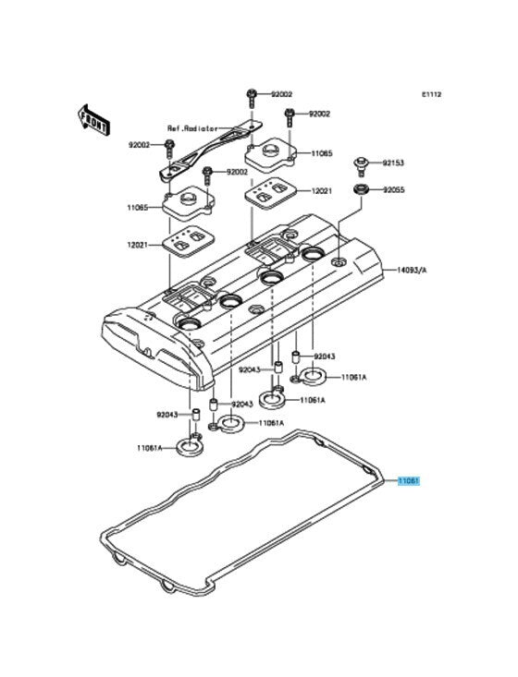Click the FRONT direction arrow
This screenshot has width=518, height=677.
93,119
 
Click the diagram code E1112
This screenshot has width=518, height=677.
432,94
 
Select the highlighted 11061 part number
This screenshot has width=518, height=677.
409,480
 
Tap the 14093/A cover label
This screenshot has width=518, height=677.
412,271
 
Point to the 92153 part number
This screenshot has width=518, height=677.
393,163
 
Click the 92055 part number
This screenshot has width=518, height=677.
394,189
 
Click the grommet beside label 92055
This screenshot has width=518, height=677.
360,189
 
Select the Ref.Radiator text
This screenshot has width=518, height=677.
192,128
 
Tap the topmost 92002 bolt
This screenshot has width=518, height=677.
253,99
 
